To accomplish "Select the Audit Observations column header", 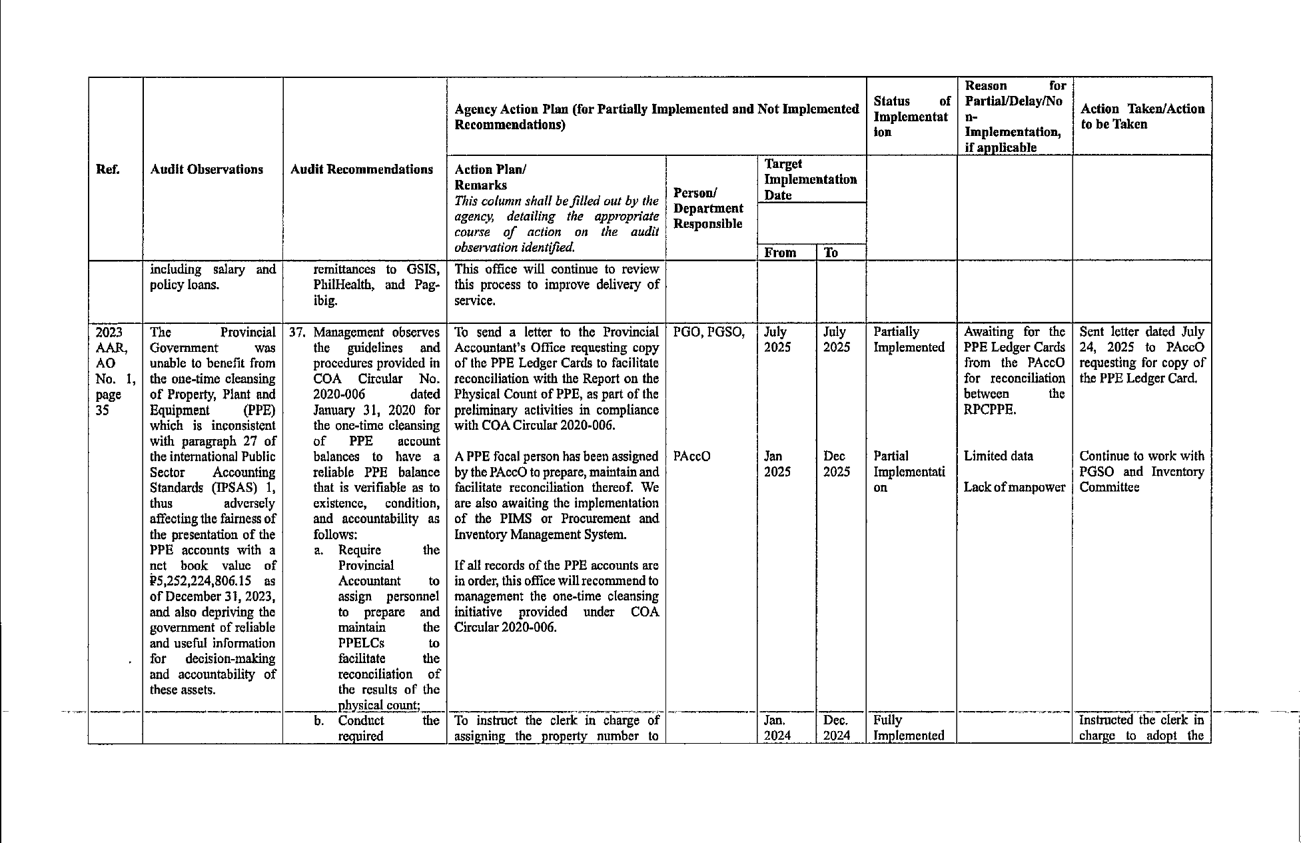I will coord(207,169).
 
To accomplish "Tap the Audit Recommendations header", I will coord(362,169).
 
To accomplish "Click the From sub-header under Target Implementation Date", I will coord(780,253).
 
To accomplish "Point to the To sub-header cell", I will coord(831,253).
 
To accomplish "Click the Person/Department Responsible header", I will coord(708,208).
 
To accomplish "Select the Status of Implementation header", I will coord(911,116).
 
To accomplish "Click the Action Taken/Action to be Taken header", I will coord(1142,117).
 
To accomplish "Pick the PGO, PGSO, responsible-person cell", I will coord(709,332).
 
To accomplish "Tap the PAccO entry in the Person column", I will coord(691,456).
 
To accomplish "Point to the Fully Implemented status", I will coord(909,728).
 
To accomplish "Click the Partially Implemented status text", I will coord(909,339).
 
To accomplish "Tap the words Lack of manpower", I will coord(1015,487).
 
